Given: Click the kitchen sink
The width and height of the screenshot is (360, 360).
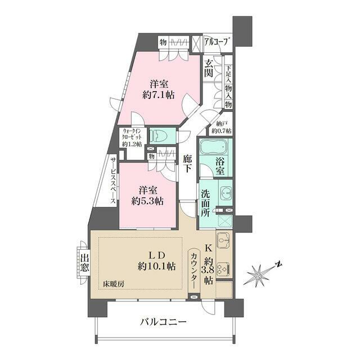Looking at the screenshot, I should (223, 241).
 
